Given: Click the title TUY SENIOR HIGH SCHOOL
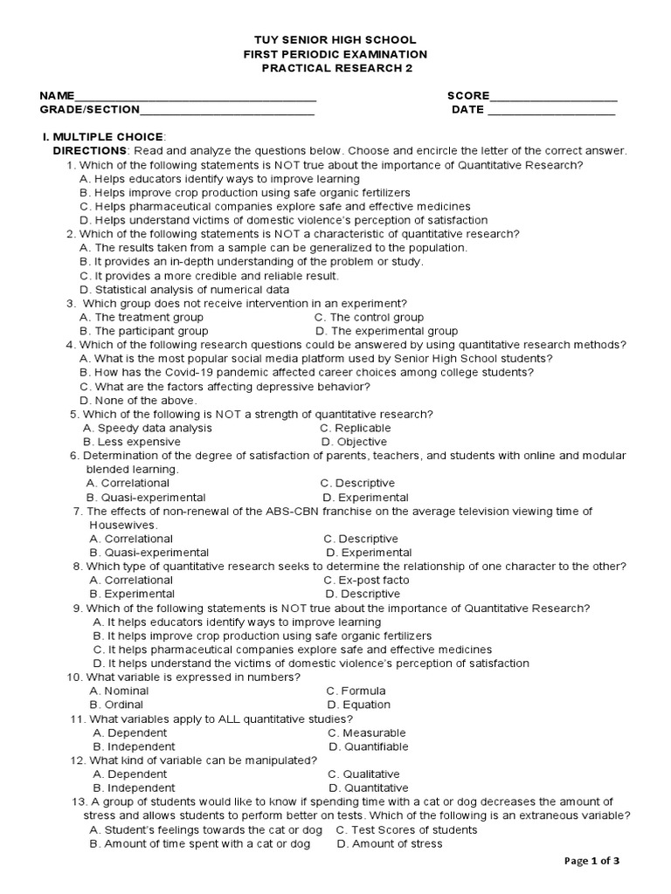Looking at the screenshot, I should pyautogui.click(x=335, y=40).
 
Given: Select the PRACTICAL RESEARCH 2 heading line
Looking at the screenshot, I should pyautogui.click(x=335, y=68).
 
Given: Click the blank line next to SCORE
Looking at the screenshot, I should pyautogui.click(x=553, y=98).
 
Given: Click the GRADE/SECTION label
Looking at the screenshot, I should pyautogui.click(x=89, y=110).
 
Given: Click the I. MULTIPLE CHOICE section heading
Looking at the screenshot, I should pyautogui.click(x=103, y=137).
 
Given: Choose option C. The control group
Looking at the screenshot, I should pyautogui.click(x=369, y=318).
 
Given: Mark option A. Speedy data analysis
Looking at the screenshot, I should pyautogui.click(x=148, y=429).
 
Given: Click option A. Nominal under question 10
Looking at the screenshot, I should pyautogui.click(x=119, y=691).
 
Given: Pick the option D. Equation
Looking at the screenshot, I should pyautogui.click(x=358, y=705).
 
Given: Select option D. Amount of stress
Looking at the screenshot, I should pyautogui.click(x=389, y=844).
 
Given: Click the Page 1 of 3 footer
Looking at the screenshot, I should pyautogui.click(x=592, y=861).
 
